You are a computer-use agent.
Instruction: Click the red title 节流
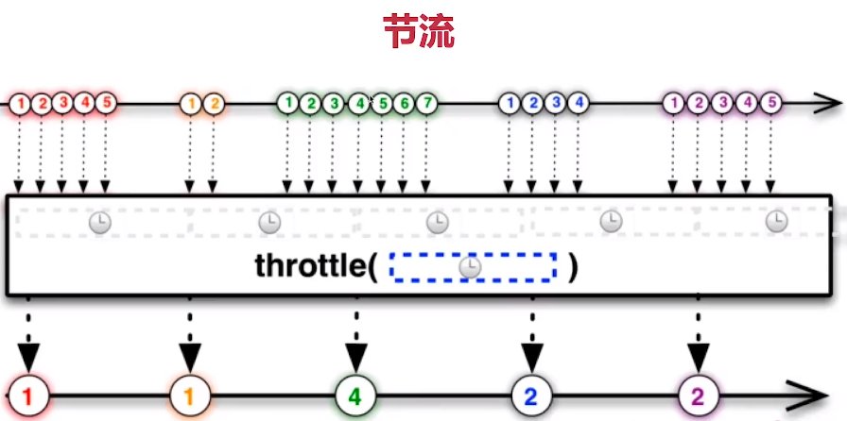(x=419, y=31)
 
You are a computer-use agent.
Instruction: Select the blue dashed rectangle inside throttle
(x=472, y=267)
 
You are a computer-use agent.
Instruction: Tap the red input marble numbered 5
(x=105, y=102)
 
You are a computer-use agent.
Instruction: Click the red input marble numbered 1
(x=19, y=102)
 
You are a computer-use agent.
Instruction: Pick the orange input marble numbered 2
(x=214, y=103)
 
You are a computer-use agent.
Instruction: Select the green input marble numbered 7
(x=426, y=102)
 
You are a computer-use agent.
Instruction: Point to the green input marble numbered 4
(x=357, y=102)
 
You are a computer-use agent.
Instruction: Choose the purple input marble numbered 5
(x=770, y=102)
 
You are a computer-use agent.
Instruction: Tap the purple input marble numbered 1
(x=673, y=102)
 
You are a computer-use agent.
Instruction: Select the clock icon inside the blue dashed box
(x=470, y=268)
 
